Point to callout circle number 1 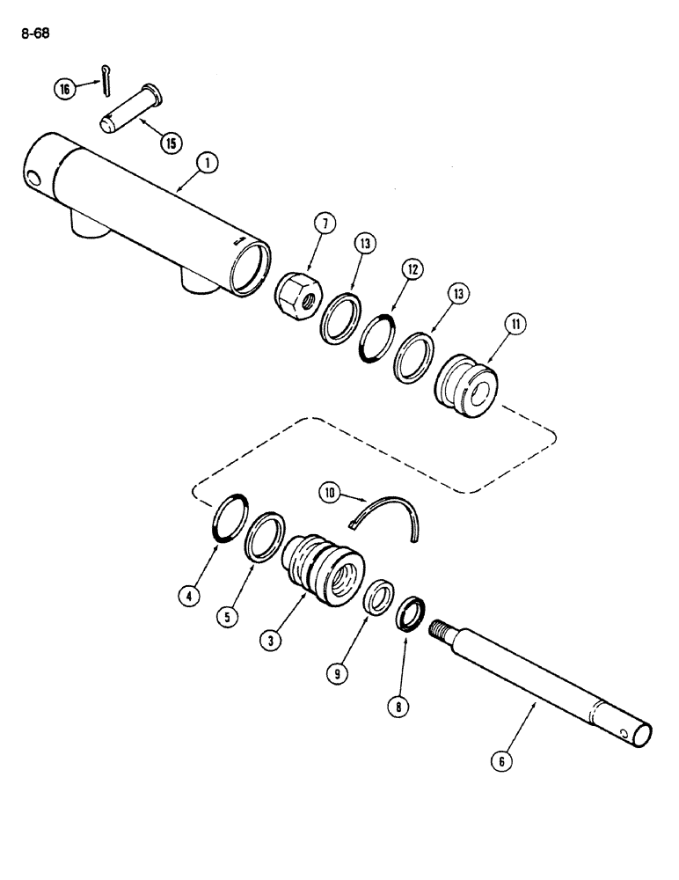(208, 162)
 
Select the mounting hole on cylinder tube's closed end (33, 180)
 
